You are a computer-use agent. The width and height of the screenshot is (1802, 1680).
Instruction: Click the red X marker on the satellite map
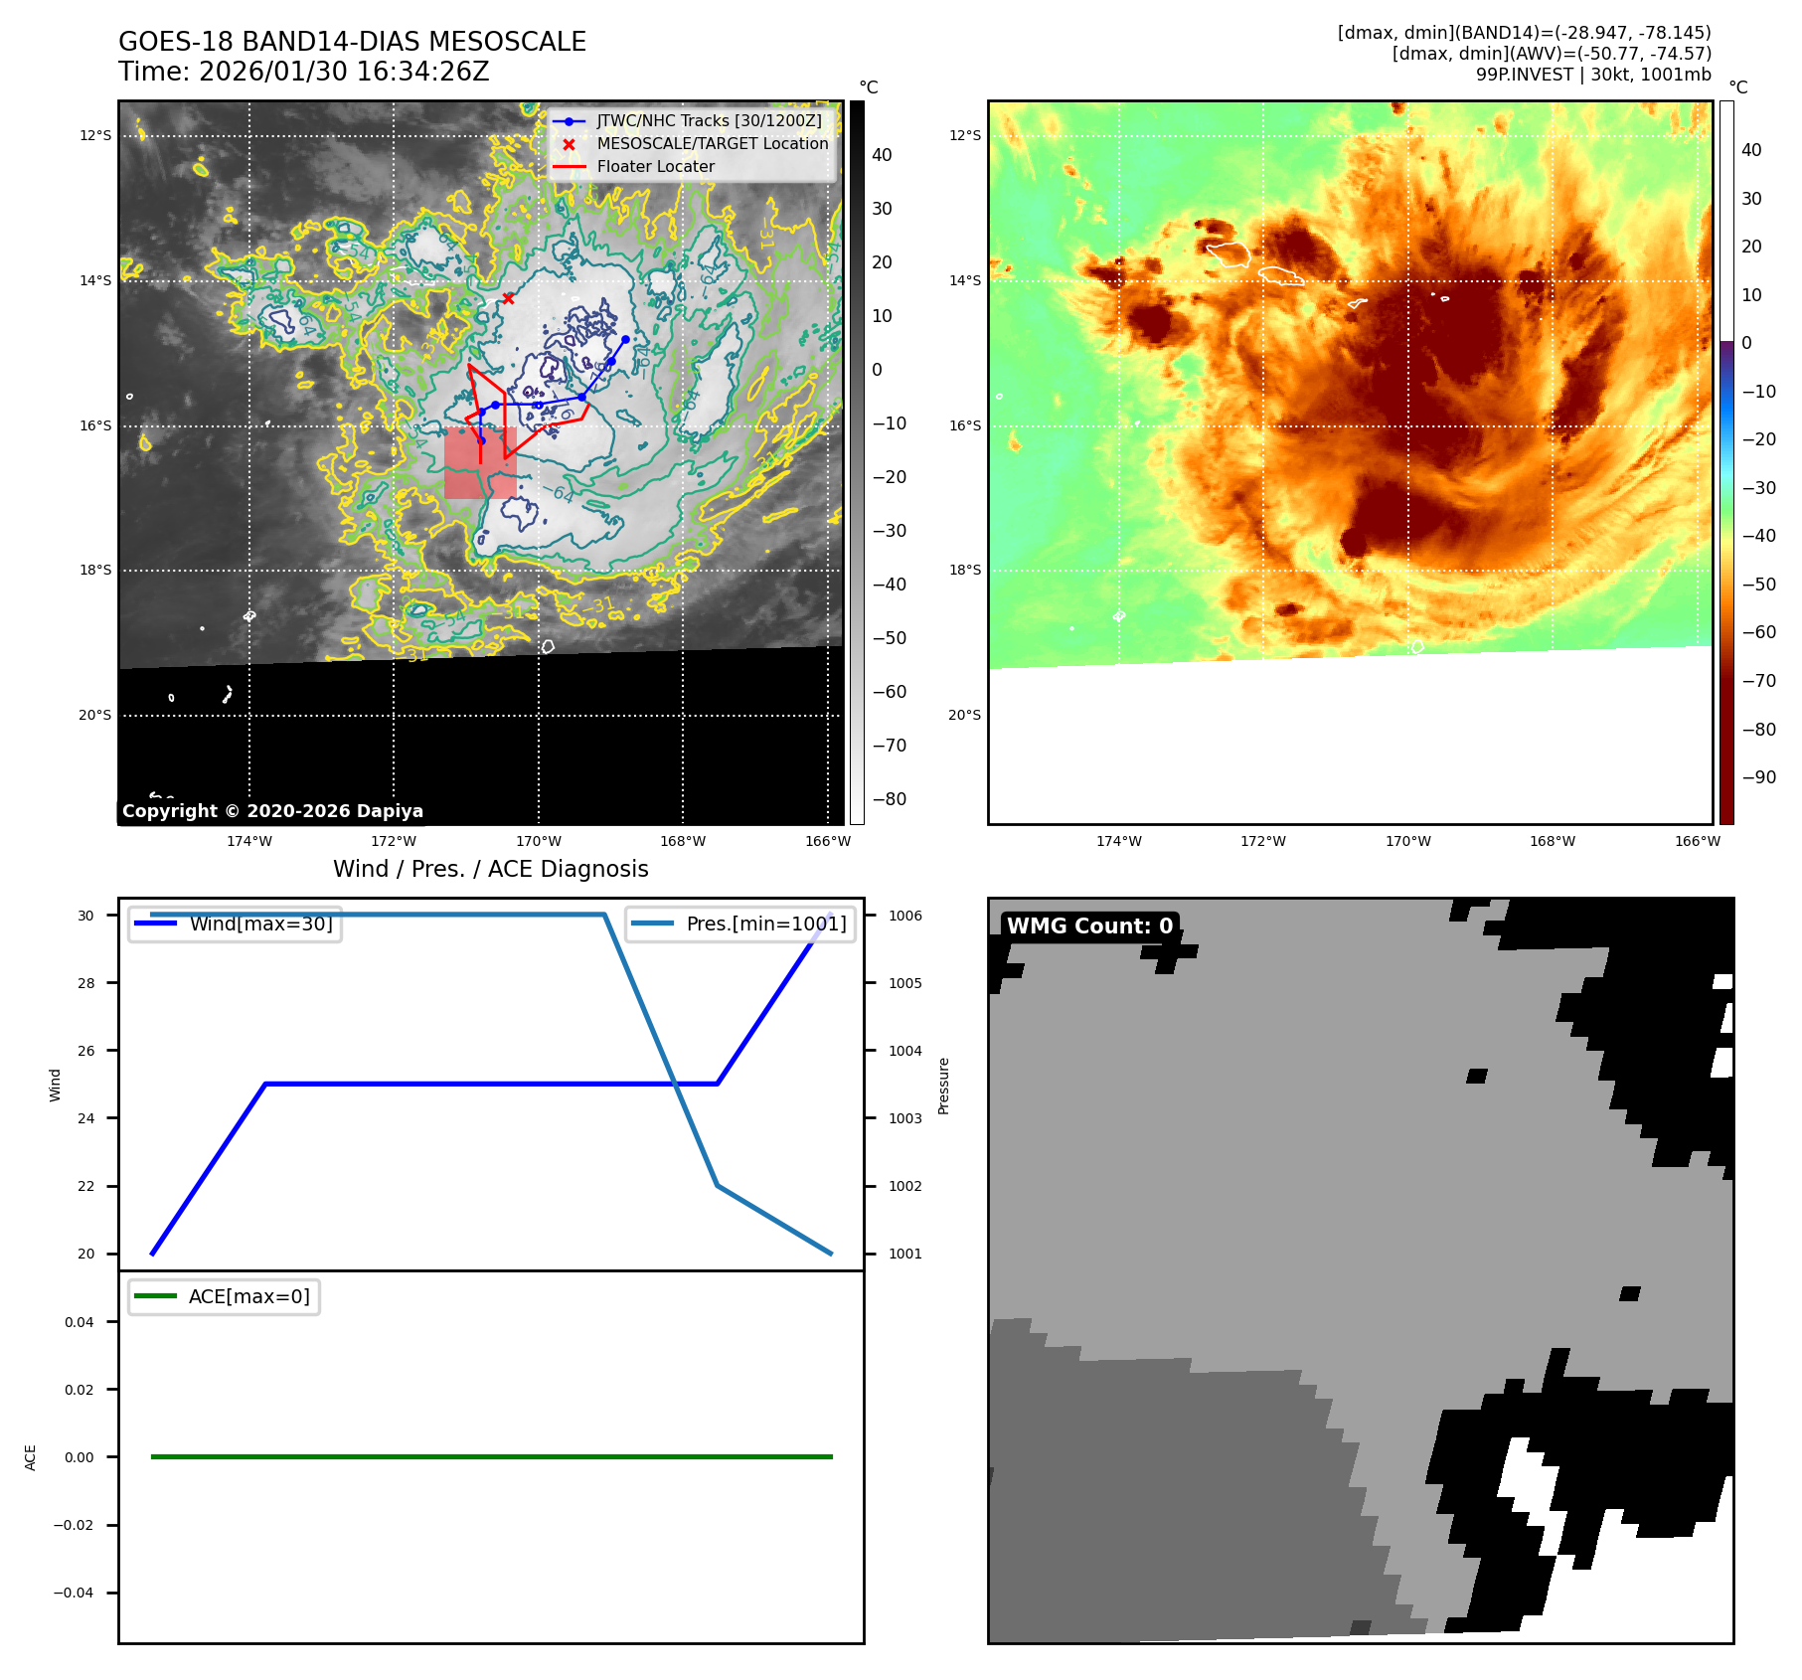pyautogui.click(x=508, y=298)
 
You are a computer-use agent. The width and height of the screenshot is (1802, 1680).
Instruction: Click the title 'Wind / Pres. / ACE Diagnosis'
pyautogui.click(x=490, y=869)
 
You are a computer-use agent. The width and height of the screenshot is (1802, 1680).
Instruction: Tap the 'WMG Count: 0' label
pyautogui.click(x=1089, y=925)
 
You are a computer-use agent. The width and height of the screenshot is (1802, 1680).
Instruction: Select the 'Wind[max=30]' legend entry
pyautogui.click(x=260, y=924)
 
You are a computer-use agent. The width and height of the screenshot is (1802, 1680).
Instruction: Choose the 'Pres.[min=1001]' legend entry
pyautogui.click(x=765, y=924)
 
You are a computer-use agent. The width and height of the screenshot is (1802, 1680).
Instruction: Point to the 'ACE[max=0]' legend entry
pyautogui.click(x=248, y=1296)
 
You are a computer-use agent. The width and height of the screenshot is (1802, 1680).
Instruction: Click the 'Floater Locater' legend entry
pyautogui.click(x=655, y=166)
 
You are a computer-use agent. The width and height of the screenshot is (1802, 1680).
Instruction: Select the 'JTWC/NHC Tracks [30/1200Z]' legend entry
pyautogui.click(x=709, y=120)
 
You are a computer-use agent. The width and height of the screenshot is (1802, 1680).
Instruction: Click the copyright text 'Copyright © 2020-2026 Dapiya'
pyautogui.click(x=272, y=811)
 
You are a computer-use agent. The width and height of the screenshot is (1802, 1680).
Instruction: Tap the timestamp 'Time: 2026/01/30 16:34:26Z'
pyautogui.click(x=303, y=72)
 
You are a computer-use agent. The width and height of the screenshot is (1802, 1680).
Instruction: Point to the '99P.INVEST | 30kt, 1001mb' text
pyautogui.click(x=1593, y=75)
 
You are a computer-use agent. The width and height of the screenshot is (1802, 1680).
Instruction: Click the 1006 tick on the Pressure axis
pyautogui.click(x=904, y=916)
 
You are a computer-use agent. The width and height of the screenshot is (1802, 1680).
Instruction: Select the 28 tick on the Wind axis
pyautogui.click(x=86, y=983)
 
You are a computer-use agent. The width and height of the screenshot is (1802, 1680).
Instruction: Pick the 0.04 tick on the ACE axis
pyautogui.click(x=80, y=1322)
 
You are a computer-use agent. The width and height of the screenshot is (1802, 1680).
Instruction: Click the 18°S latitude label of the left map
pyautogui.click(x=95, y=570)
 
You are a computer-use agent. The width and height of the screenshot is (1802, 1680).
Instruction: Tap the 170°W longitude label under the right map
pyautogui.click(x=1407, y=841)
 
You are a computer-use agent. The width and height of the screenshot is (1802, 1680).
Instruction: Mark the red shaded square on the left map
pyautogui.click(x=480, y=463)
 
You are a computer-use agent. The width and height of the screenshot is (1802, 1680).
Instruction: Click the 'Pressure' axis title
pyautogui.click(x=943, y=1086)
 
